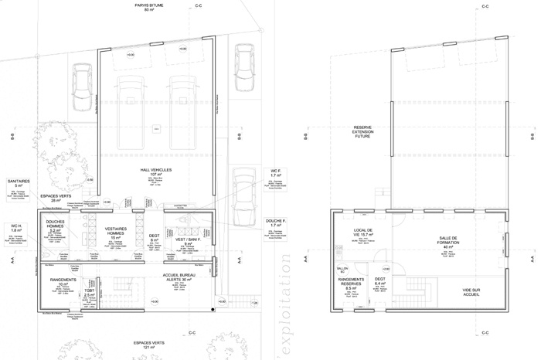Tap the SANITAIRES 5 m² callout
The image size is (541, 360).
tap(18, 183)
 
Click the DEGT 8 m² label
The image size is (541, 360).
tap(154, 239)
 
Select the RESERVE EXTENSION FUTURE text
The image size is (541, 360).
tap(363, 133)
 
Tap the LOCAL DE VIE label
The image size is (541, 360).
tap(363, 233)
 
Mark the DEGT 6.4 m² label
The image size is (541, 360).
tap(380, 282)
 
